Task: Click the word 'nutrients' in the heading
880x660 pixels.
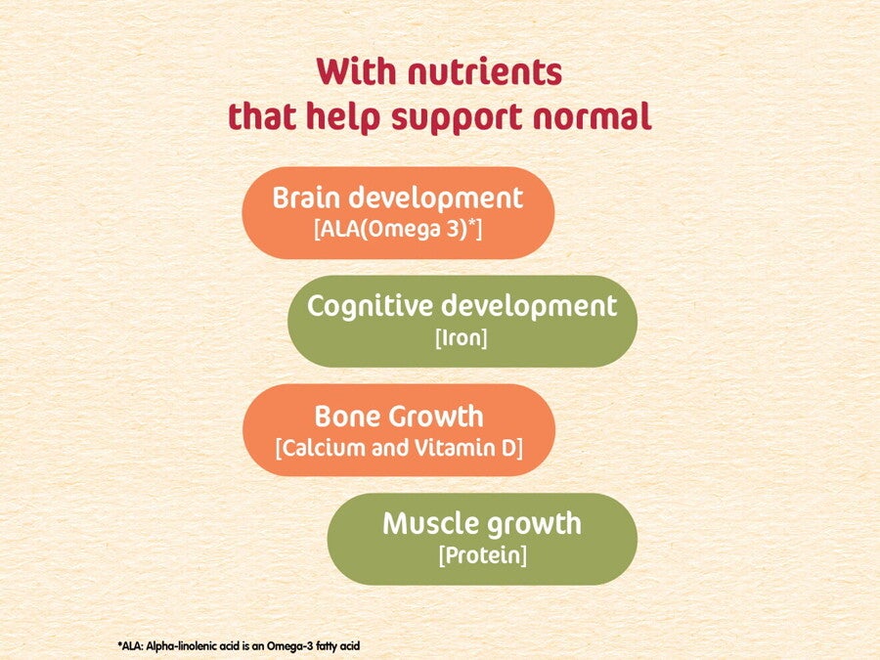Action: [x=485, y=71]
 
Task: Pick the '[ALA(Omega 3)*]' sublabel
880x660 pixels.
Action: [x=398, y=229]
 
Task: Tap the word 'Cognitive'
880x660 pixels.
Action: [x=371, y=307]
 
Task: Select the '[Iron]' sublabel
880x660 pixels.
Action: [x=462, y=338]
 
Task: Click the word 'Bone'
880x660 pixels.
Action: [x=348, y=417]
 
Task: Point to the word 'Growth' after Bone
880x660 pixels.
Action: [x=436, y=417]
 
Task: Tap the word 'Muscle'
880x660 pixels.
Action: [x=431, y=524]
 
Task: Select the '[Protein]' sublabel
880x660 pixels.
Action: [x=483, y=555]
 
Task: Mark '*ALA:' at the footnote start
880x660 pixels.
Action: [x=131, y=646]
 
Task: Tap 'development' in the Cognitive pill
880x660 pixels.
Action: [x=529, y=307]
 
